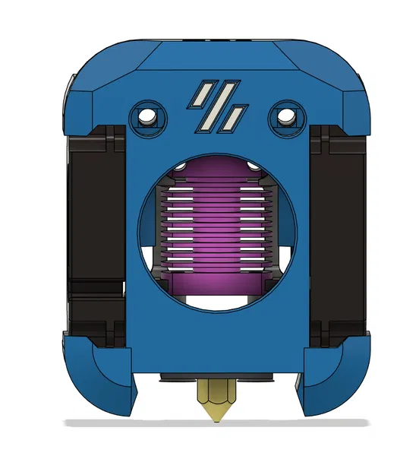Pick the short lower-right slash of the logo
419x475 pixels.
[x=235, y=116]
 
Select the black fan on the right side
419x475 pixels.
[x=338, y=228]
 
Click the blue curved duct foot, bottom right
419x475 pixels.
[x=330, y=376]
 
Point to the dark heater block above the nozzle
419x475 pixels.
[x=216, y=377]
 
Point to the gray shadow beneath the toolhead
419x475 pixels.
[x=216, y=423]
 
